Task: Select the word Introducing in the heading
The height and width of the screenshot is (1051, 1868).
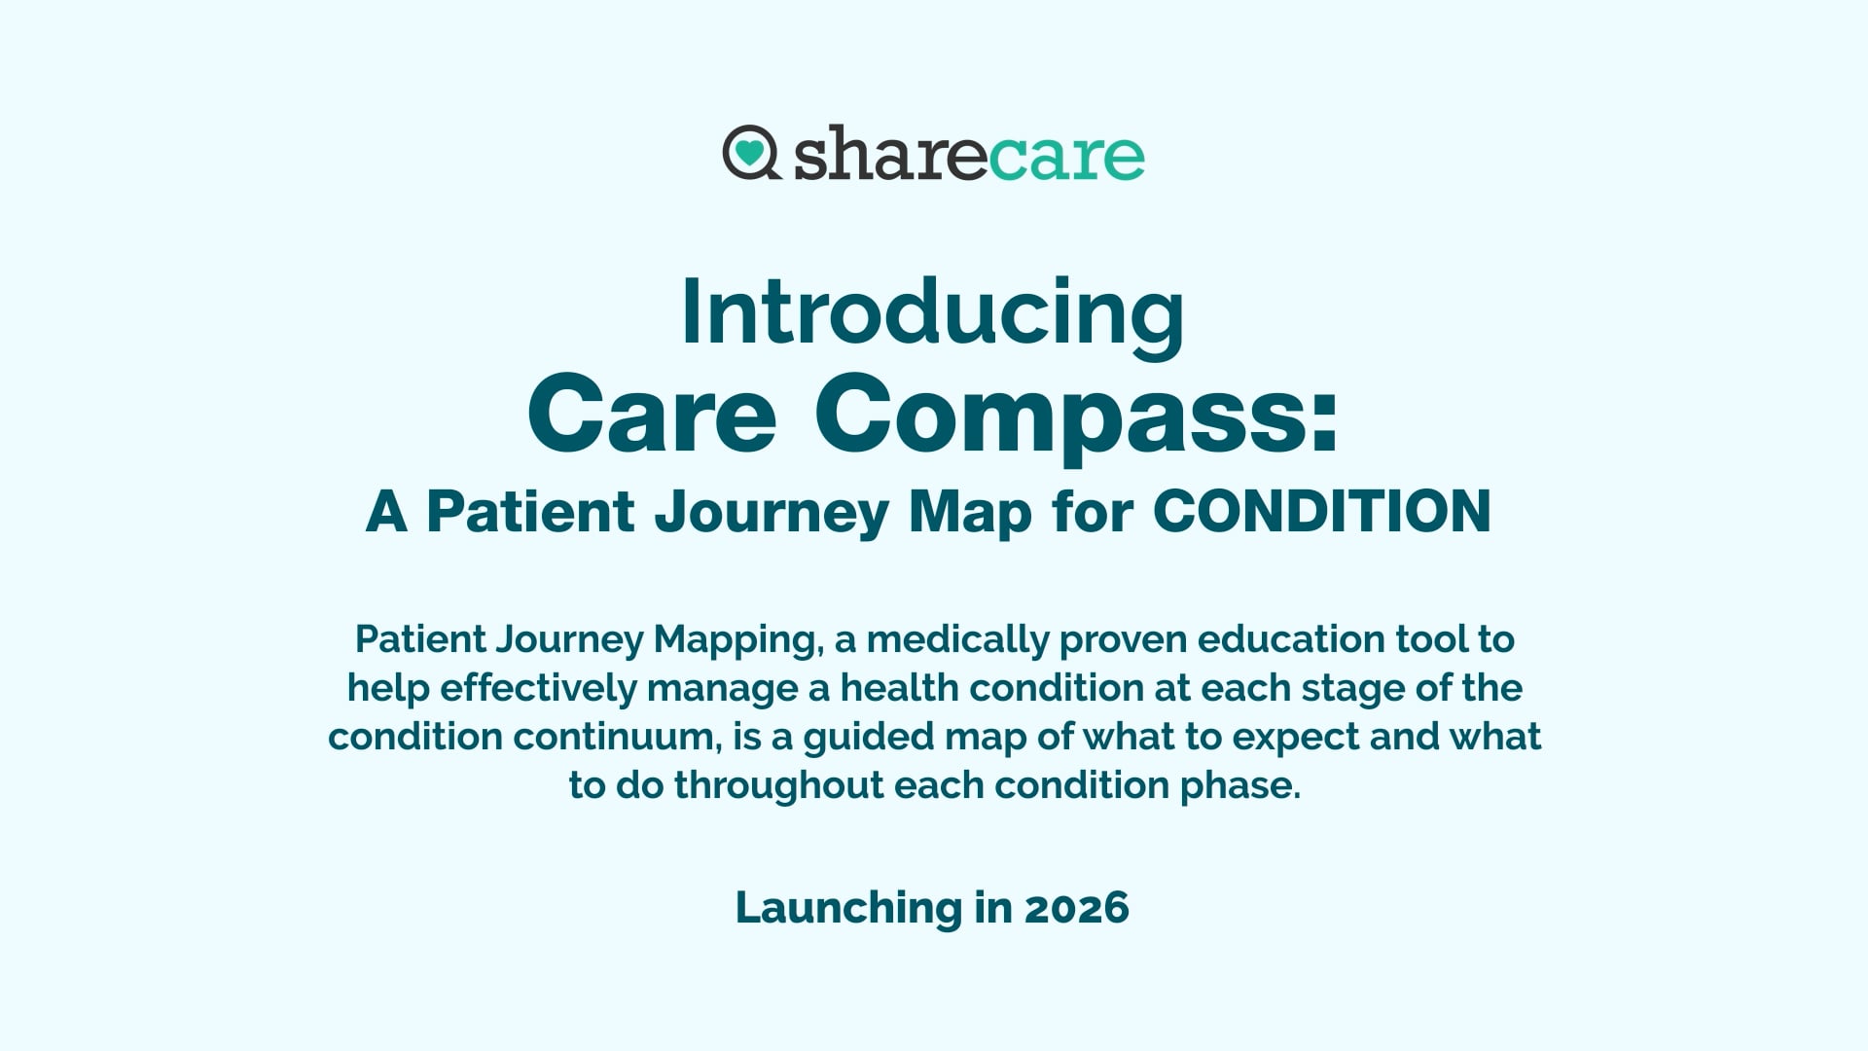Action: pyautogui.click(x=933, y=313)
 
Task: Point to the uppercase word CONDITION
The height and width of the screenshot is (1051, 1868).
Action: pyautogui.click(x=1321, y=511)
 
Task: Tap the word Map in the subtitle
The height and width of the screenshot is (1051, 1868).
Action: pyautogui.click(x=969, y=513)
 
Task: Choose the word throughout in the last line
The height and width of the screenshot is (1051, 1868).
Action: pyautogui.click(x=778, y=785)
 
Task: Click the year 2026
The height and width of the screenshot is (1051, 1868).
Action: pyautogui.click(x=1076, y=908)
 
